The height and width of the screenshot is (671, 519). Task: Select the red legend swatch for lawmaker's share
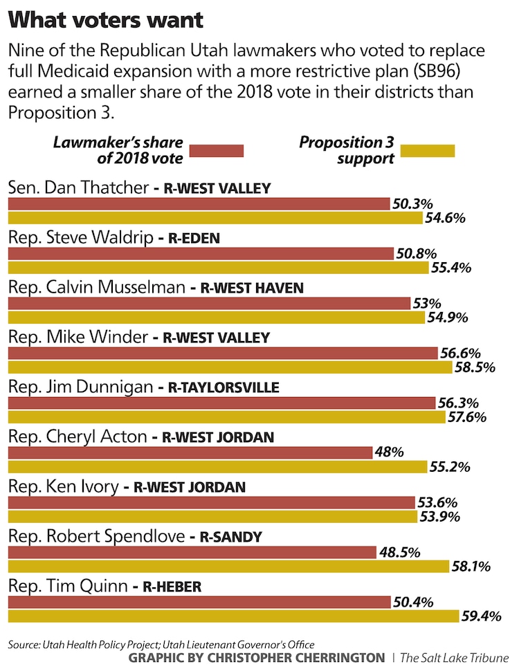click(x=216, y=151)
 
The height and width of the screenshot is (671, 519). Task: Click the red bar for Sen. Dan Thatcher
click(x=199, y=203)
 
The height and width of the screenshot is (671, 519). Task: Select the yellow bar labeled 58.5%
click(x=229, y=367)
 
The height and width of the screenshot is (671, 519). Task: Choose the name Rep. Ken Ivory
click(x=62, y=487)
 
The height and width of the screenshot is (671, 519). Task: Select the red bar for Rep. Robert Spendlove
click(x=192, y=552)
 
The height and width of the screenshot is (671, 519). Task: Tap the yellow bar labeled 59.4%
click(x=233, y=616)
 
